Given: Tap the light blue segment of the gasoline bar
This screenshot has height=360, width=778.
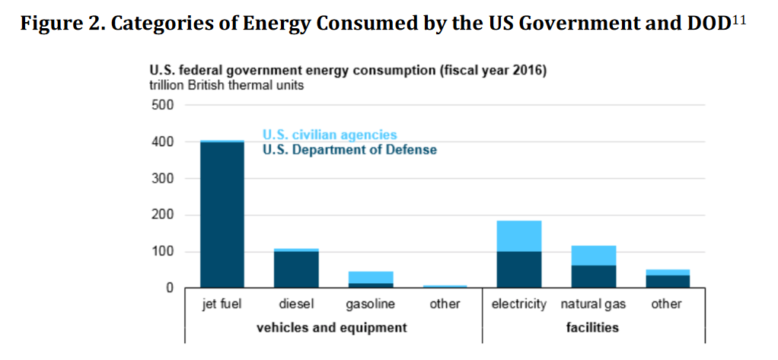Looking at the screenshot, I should (370, 277).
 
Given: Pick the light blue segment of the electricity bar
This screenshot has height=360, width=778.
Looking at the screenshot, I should (519, 236).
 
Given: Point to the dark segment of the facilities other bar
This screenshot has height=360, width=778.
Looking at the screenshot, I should (668, 282).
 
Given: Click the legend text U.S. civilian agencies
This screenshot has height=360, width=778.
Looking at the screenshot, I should (330, 135).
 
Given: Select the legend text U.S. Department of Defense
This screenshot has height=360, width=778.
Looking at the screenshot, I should (349, 150).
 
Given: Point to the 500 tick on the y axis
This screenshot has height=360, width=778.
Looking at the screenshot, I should (164, 105).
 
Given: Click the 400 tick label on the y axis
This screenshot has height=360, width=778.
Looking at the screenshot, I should (164, 142).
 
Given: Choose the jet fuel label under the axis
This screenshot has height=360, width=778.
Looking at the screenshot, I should (222, 304).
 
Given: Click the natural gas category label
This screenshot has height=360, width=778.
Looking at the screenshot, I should (593, 304).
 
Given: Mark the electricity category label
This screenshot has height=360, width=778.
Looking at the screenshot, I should (519, 304).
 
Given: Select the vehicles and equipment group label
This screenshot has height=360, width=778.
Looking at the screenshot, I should (331, 328).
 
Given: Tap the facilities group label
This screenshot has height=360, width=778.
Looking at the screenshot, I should (592, 328).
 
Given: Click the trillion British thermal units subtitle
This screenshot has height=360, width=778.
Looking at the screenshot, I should (226, 85).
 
